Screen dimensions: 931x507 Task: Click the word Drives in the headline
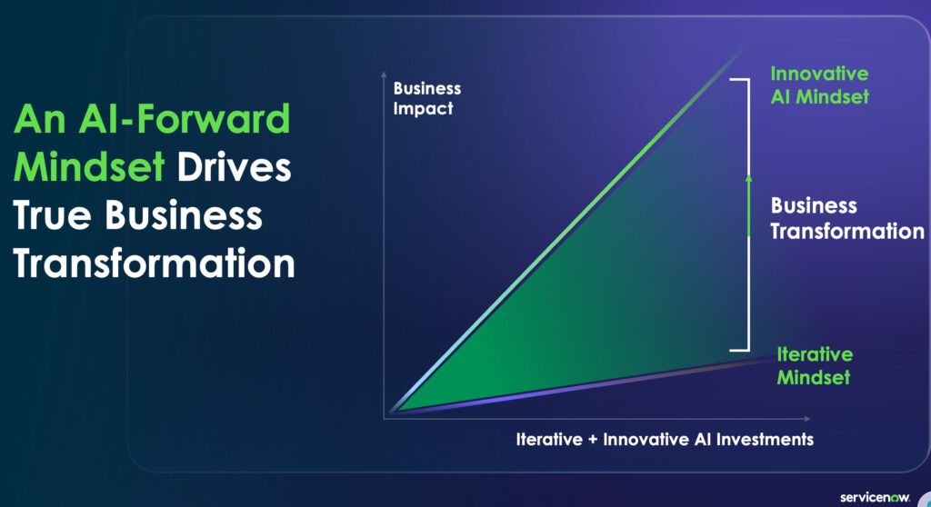click(x=234, y=167)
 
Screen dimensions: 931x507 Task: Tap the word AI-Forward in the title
click(x=184, y=119)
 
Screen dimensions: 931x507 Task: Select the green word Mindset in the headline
click(x=88, y=167)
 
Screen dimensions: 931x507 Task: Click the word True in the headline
click(x=52, y=215)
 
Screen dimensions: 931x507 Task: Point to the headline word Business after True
click(x=184, y=215)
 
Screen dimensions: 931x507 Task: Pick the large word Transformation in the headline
click(x=154, y=263)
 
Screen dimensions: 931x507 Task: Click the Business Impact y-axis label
click(x=427, y=98)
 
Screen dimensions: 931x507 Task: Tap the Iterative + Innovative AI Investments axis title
click(x=665, y=440)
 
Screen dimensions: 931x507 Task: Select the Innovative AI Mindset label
click(x=819, y=84)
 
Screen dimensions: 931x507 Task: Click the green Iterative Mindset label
click(x=815, y=365)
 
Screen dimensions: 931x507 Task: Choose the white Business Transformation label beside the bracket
click(x=847, y=218)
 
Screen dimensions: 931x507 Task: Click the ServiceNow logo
click(x=875, y=498)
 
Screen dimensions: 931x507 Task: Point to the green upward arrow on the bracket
click(x=749, y=206)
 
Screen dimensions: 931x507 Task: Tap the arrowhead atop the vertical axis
click(x=384, y=75)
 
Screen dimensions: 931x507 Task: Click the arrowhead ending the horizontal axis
click(x=807, y=419)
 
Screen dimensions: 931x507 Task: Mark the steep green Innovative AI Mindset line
click(x=567, y=231)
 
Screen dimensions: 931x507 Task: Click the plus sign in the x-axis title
click(x=593, y=440)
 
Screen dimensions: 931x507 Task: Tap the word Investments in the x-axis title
click(x=765, y=440)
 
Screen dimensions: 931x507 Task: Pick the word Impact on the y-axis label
click(x=423, y=109)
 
